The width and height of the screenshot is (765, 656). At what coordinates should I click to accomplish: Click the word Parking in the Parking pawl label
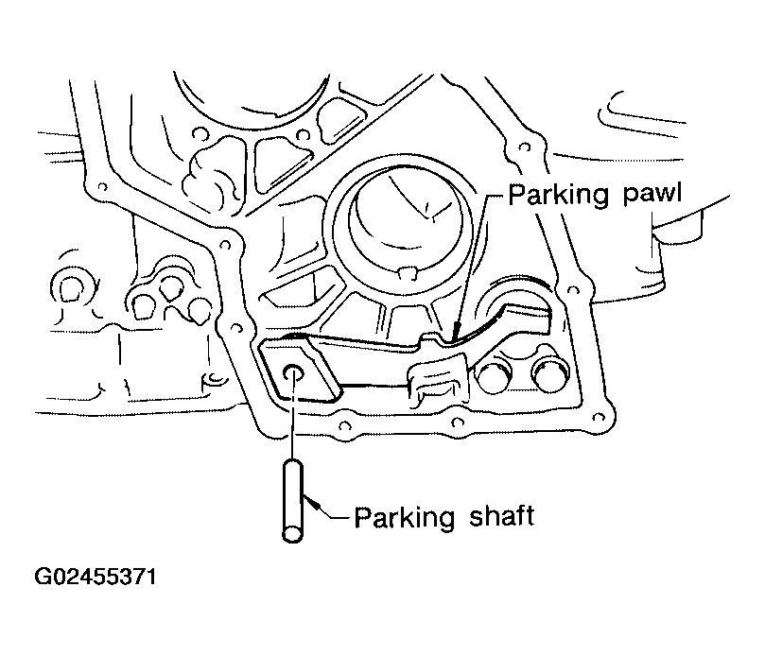click(x=559, y=195)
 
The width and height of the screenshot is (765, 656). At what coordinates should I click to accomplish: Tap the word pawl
click(x=652, y=194)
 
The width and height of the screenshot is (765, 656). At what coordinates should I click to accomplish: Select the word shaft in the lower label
click(x=502, y=515)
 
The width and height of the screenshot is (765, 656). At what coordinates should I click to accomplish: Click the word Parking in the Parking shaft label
click(x=405, y=517)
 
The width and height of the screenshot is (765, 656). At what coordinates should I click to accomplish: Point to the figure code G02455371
click(x=96, y=577)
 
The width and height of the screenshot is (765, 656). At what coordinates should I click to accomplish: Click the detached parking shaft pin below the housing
click(x=293, y=501)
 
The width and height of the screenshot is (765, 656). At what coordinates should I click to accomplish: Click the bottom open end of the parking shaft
click(x=293, y=535)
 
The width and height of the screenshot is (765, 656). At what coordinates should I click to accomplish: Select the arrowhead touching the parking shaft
click(x=314, y=505)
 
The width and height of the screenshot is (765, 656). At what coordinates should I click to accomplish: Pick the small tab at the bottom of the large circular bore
click(x=407, y=272)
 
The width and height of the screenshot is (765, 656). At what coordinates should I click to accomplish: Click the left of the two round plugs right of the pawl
click(x=494, y=375)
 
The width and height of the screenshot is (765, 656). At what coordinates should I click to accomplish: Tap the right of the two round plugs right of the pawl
click(x=549, y=373)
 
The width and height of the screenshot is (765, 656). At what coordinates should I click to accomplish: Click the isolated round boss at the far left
click(x=69, y=288)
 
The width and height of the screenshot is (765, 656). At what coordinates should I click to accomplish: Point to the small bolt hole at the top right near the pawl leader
click(x=525, y=146)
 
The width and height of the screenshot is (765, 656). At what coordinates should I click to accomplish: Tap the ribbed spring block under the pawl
click(x=436, y=380)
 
